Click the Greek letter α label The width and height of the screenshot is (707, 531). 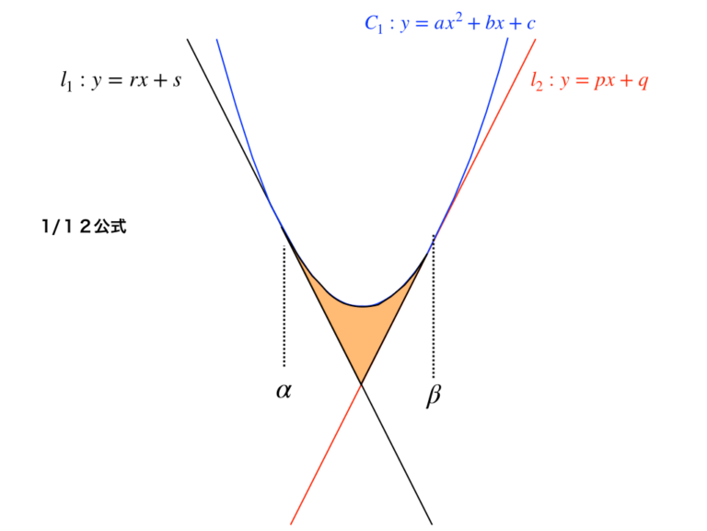tap(284, 391)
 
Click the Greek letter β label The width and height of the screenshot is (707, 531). tap(434, 395)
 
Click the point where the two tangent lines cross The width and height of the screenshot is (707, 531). tap(361, 383)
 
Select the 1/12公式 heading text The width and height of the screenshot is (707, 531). tap(84, 226)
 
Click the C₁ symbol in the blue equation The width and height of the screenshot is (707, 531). tap(374, 24)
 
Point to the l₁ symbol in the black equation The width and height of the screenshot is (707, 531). tap(66, 81)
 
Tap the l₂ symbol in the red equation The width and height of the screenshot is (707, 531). tap(537, 81)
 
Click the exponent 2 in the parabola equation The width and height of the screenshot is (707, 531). tap(458, 18)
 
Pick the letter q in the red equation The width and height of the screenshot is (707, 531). tap(642, 82)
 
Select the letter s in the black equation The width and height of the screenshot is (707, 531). tap(177, 81)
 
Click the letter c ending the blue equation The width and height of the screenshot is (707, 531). tap(530, 24)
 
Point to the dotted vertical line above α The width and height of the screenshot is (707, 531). tap(284, 306)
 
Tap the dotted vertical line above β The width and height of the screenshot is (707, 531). tap(434, 306)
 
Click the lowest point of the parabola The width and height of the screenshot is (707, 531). tap(364, 306)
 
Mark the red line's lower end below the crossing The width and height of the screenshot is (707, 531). tap(291, 525)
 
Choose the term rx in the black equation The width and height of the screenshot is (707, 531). tap(138, 81)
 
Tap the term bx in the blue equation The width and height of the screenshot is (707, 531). tap(494, 22)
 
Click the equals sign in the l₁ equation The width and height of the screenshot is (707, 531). tap(114, 81)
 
